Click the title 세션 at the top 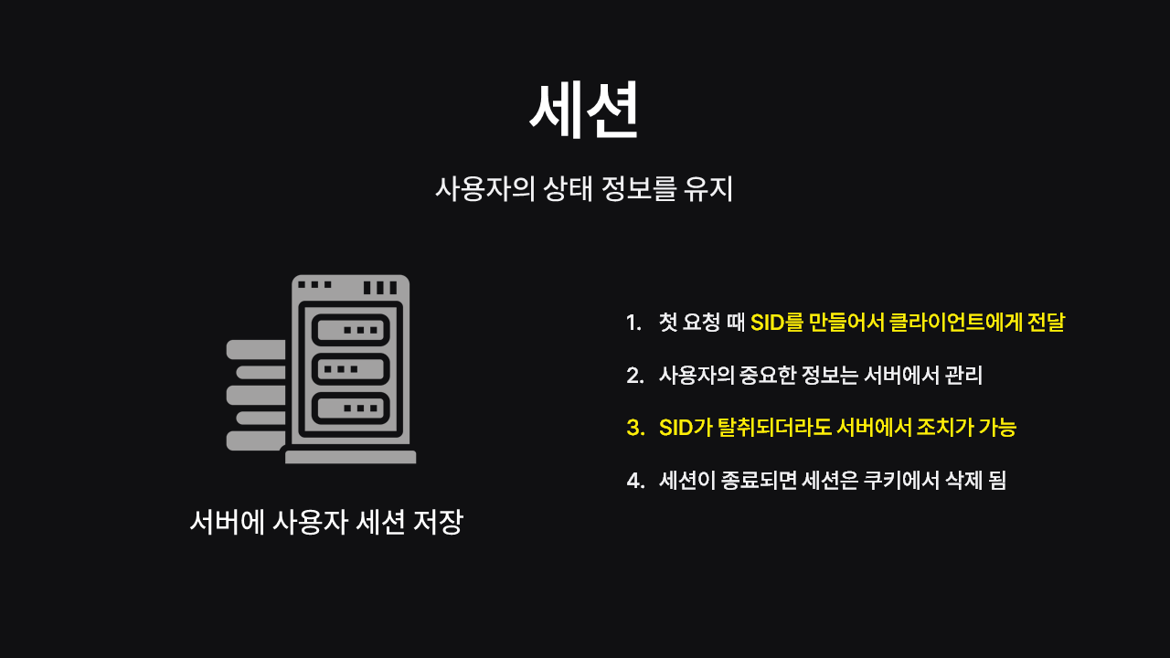pos(583,110)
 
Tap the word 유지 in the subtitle pos(707,189)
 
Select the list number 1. pos(633,323)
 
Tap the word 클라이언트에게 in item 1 pos(954,323)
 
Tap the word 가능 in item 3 pos(998,428)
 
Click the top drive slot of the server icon pos(350,329)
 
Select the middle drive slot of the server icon pos(350,368)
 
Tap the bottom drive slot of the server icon pos(350,408)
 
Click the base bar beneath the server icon pos(350,457)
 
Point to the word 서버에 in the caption pos(227,522)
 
